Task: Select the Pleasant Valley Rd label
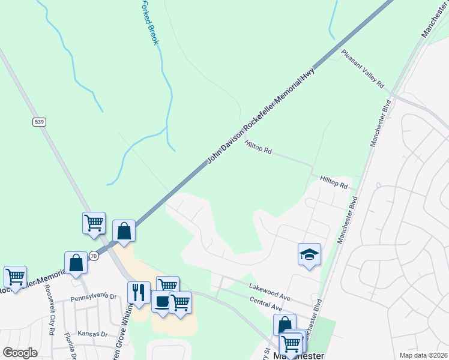pos(363,69)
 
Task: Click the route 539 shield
pos(40,122)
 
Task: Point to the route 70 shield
pos(93,256)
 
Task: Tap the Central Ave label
pos(266,304)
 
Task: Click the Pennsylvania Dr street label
pos(93,296)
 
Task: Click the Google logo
pos(20,352)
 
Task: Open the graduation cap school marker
pos(309,254)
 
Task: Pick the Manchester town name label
pos(298,355)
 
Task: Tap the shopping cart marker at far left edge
pos(15,277)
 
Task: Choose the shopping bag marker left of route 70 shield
pos(77,262)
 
